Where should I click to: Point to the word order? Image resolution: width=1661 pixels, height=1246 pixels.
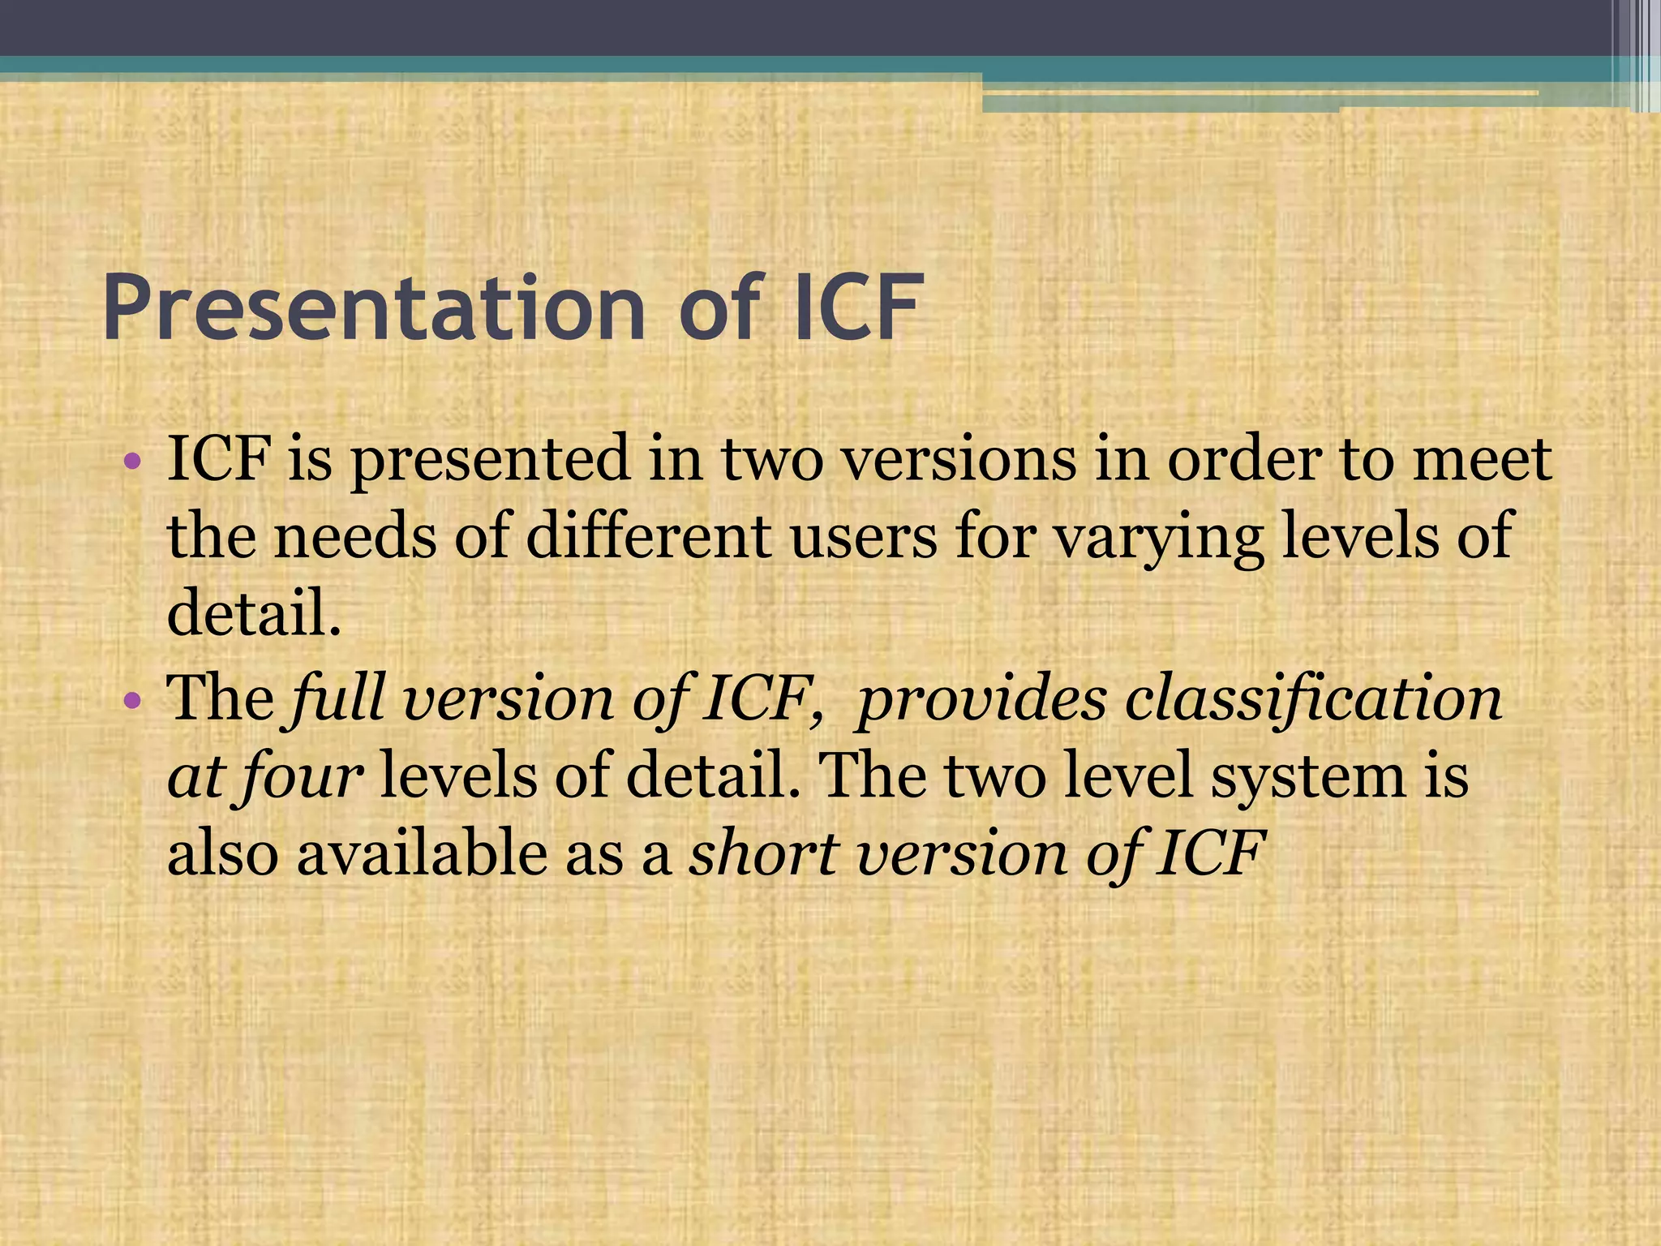(x=1244, y=459)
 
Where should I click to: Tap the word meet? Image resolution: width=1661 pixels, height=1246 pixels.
(x=1483, y=459)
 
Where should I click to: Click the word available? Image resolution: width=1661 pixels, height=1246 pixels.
(x=421, y=853)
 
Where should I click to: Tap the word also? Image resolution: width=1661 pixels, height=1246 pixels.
(x=223, y=853)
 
